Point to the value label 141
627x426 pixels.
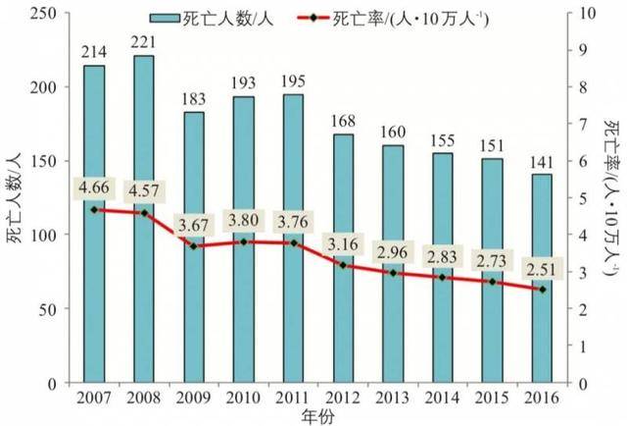(x=542, y=158)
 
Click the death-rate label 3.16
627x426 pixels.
(x=343, y=242)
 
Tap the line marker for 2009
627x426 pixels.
(x=194, y=245)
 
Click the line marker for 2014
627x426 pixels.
(x=443, y=278)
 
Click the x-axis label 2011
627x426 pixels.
(x=293, y=397)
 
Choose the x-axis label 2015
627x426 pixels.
(x=492, y=397)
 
